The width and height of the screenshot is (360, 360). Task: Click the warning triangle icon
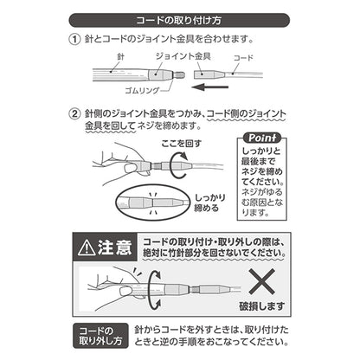90,247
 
